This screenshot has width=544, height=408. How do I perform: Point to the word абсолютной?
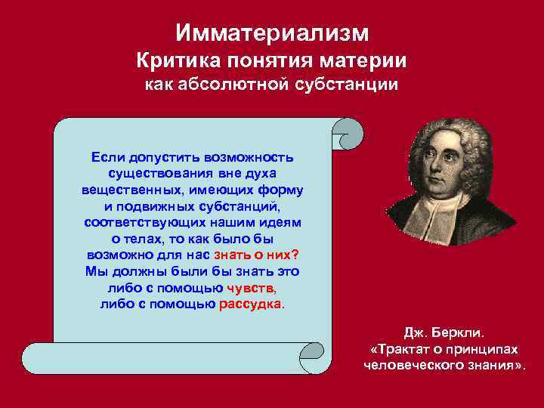tap(234, 85)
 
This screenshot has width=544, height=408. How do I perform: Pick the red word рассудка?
tap(251, 304)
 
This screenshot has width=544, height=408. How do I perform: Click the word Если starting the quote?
tap(107, 157)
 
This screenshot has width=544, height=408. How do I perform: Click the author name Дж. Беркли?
tap(445, 332)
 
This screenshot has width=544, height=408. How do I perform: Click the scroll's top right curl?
tap(348, 133)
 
